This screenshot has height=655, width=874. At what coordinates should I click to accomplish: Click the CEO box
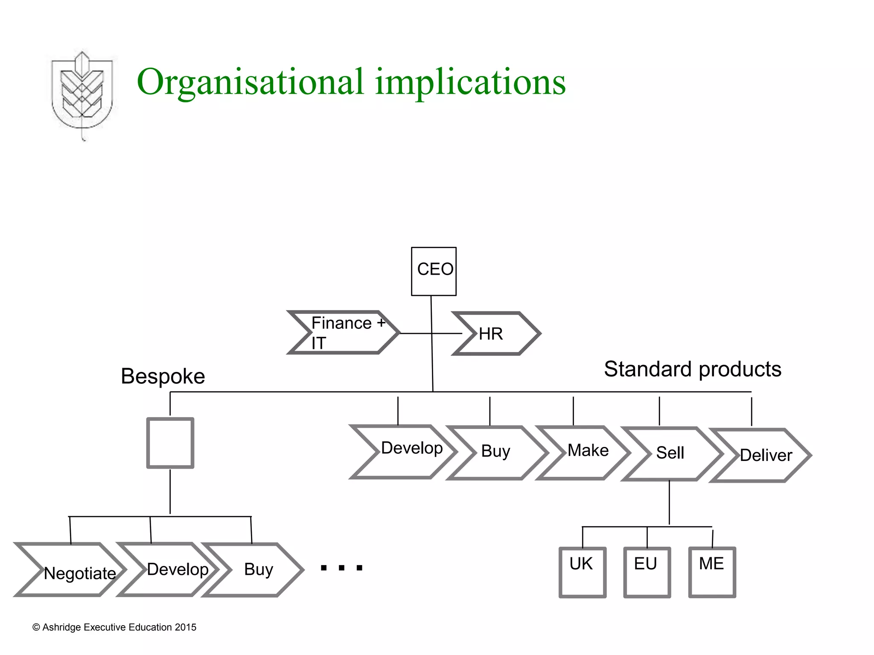(434, 271)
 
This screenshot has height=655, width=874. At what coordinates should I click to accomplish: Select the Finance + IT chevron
(344, 333)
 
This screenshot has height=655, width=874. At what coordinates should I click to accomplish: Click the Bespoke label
(163, 377)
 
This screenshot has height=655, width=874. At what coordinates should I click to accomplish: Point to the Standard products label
(692, 369)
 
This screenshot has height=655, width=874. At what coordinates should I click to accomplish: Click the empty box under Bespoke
(170, 443)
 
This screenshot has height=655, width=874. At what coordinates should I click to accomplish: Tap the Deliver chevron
(762, 455)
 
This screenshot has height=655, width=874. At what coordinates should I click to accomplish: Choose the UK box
(583, 572)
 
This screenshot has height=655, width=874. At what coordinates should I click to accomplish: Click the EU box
(647, 572)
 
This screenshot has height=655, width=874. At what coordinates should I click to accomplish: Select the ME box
(712, 572)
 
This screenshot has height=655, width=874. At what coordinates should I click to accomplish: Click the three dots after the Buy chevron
(341, 568)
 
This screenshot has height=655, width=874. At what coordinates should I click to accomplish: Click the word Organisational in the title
(250, 82)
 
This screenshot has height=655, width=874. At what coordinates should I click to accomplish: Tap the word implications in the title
(470, 82)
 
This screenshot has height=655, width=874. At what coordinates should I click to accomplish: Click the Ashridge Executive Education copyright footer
(114, 627)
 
